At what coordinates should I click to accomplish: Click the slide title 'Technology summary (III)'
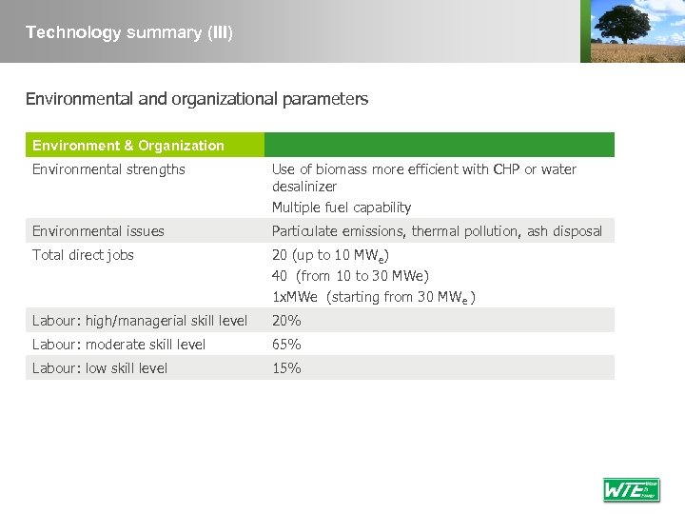[x=129, y=32]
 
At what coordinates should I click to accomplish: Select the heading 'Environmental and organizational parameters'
[x=197, y=99]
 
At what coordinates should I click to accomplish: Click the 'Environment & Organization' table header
[x=128, y=146]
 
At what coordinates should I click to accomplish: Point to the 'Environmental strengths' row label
[x=108, y=169]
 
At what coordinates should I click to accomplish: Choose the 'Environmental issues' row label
[x=98, y=230]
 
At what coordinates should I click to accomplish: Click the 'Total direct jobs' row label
[x=83, y=254]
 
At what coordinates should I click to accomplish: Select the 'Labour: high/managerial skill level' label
[x=140, y=321]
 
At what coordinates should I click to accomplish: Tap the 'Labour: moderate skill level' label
[x=119, y=345]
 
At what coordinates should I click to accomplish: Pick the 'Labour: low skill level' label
[x=100, y=368]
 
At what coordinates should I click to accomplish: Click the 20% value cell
[x=286, y=321]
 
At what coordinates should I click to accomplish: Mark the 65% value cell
[x=286, y=345]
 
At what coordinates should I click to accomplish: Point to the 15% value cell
[x=286, y=368]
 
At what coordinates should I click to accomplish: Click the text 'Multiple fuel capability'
[x=342, y=208]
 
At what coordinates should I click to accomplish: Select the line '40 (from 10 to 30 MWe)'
[x=350, y=276]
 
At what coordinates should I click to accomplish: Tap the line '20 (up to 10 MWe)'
[x=330, y=255]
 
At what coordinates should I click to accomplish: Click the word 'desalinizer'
[x=304, y=187]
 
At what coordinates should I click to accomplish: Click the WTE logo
[x=631, y=489]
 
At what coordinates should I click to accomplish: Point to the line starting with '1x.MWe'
[x=373, y=297]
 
